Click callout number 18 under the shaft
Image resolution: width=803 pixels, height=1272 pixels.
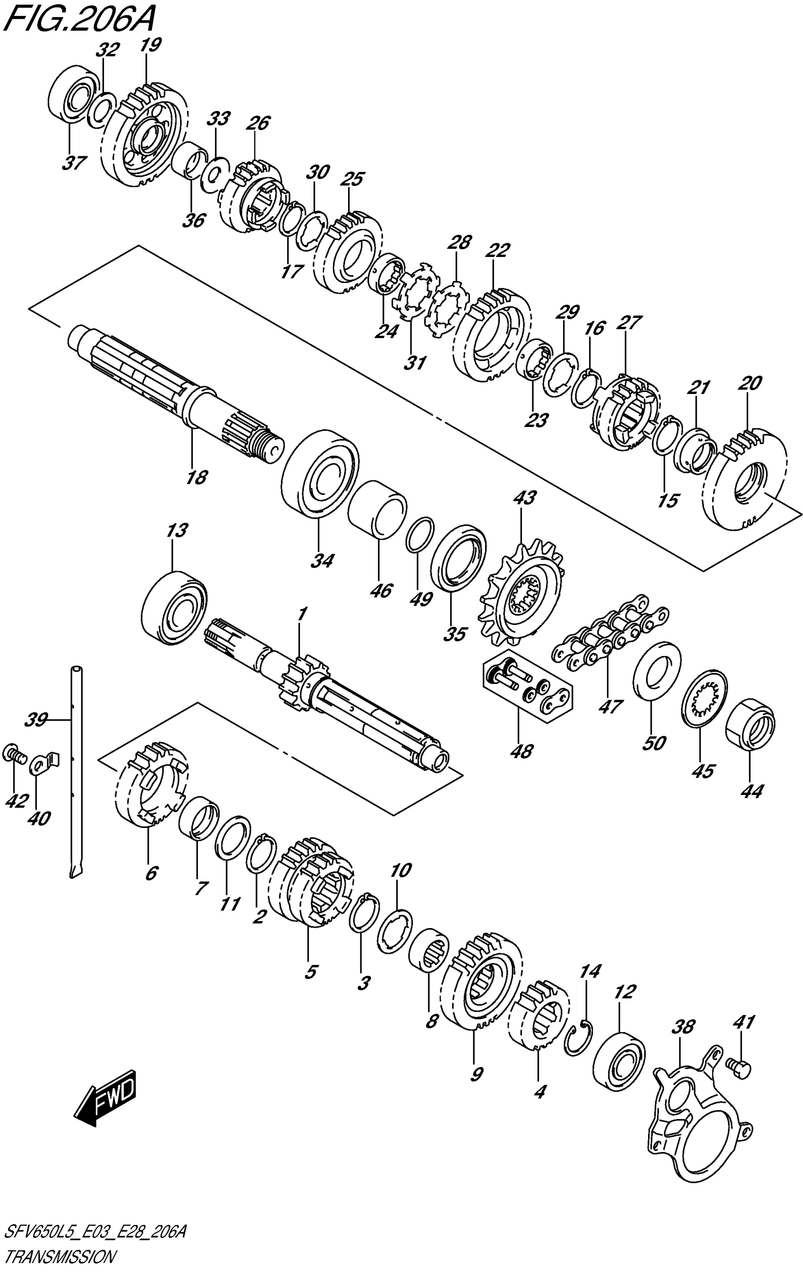196,478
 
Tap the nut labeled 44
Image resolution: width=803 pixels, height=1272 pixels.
751,723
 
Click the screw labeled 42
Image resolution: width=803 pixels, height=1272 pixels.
14,753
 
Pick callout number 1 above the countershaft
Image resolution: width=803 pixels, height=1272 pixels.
302,615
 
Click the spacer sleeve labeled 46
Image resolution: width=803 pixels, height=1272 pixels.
377,509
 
